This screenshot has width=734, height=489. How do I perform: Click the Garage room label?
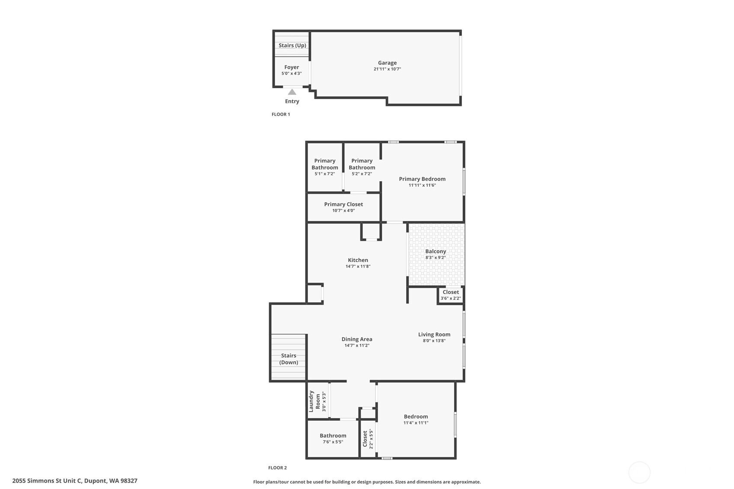pyautogui.click(x=387, y=63)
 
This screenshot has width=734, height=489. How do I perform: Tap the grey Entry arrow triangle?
pyautogui.click(x=292, y=92)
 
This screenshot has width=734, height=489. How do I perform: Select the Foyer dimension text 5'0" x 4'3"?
pyautogui.click(x=292, y=74)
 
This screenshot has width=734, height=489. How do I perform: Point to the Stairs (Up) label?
pyautogui.click(x=292, y=45)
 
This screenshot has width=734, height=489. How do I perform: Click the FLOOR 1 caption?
pyautogui.click(x=281, y=114)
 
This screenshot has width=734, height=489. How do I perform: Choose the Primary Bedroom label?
pyautogui.click(x=422, y=179)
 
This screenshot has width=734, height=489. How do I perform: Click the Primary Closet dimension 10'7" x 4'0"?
pyautogui.click(x=343, y=210)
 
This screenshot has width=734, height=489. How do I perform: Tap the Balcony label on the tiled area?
pyautogui.click(x=436, y=251)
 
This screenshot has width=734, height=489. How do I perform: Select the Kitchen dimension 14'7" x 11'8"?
pyautogui.click(x=358, y=266)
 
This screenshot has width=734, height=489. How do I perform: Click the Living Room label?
pyautogui.click(x=434, y=334)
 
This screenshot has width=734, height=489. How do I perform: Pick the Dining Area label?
pyautogui.click(x=357, y=339)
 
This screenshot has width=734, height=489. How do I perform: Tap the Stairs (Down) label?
pyautogui.click(x=288, y=359)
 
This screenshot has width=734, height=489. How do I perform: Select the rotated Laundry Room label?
pyautogui.click(x=314, y=401)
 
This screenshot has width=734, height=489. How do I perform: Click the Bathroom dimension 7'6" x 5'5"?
pyautogui.click(x=333, y=442)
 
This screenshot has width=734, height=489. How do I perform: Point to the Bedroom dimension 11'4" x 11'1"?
pyautogui.click(x=416, y=423)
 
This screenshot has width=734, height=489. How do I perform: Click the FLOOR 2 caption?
pyautogui.click(x=278, y=468)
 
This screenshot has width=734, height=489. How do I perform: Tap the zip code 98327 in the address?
pyautogui.click(x=129, y=481)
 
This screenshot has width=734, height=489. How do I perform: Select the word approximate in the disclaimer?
pyautogui.click(x=466, y=482)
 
